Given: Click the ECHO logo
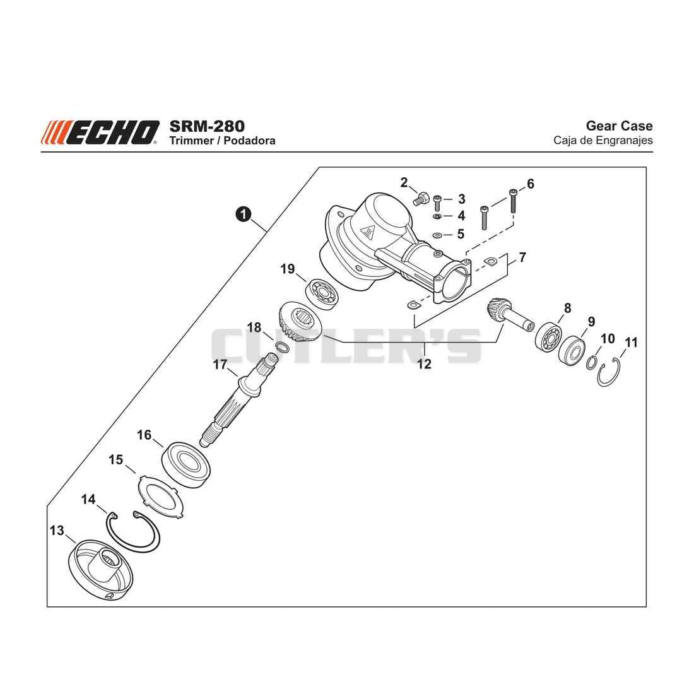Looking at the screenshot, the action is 100,132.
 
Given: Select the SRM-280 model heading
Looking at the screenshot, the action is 207,126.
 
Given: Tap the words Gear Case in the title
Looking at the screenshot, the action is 619,126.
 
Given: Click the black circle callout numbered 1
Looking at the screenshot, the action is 244,215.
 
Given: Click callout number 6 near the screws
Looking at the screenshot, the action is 530,183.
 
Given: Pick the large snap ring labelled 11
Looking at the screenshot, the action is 609,372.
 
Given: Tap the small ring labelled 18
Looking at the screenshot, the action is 282,346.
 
